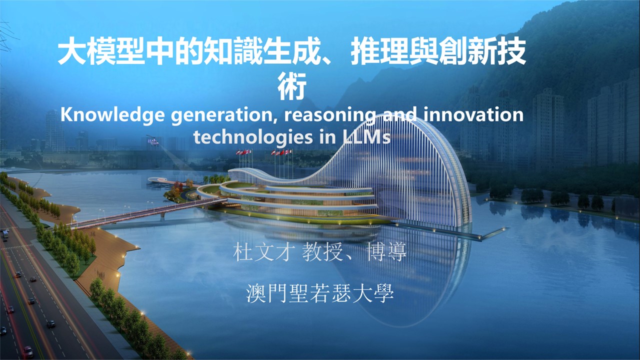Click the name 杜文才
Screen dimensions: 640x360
click(264, 252)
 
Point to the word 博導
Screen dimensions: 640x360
click(386, 252)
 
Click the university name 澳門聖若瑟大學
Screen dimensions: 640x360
click(320, 293)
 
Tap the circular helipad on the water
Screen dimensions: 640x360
click(157, 179)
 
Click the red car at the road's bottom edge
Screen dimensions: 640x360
click(27, 351)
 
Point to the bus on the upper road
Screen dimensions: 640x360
click(5, 235)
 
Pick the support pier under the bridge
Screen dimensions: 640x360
click(162, 214)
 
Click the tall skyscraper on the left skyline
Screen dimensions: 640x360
click(54, 131)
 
